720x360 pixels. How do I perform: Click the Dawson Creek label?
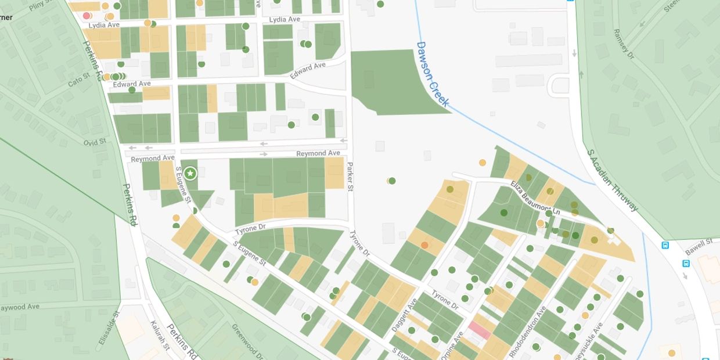(433, 74)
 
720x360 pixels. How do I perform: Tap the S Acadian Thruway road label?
(613, 181)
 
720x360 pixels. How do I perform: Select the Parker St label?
(350, 175)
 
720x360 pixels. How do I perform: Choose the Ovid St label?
(94, 142)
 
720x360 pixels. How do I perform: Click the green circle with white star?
(190, 173)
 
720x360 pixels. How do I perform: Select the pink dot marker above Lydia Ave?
(87, 16)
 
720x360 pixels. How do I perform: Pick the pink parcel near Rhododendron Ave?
(480, 330)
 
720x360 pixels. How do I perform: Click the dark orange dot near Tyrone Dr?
(424, 246)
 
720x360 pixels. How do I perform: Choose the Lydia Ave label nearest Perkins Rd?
(104, 26)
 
